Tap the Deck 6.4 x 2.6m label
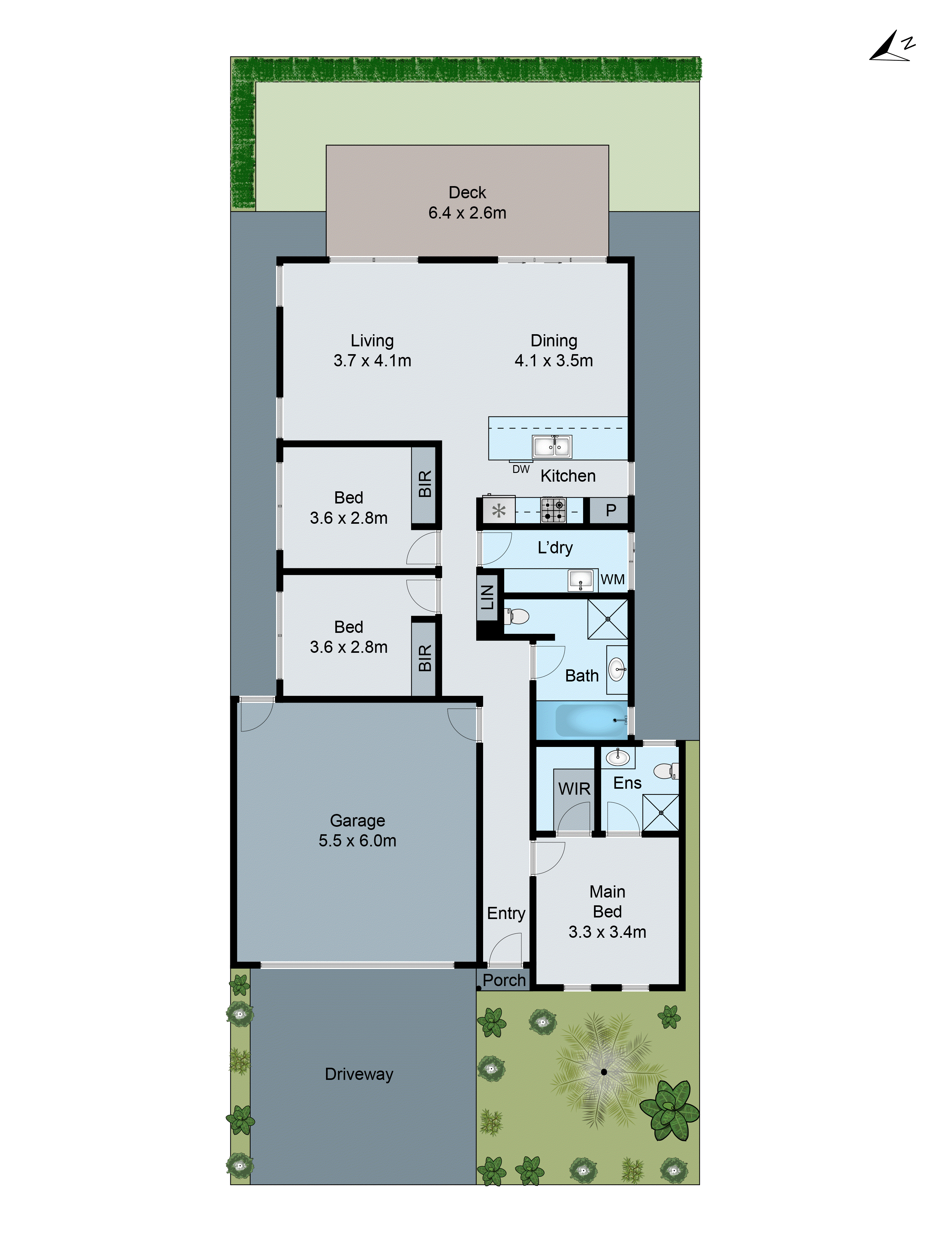click(467, 202)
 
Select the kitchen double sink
click(552, 446)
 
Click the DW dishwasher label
click(521, 469)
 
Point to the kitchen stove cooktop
click(553, 511)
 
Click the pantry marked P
click(610, 511)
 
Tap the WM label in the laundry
click(612, 580)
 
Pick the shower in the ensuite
click(660, 812)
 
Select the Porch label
click(504, 980)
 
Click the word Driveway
click(359, 1074)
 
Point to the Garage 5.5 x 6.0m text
click(357, 831)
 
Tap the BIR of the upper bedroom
click(425, 484)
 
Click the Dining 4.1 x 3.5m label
click(554, 350)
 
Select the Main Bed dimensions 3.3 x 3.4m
click(607, 932)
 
